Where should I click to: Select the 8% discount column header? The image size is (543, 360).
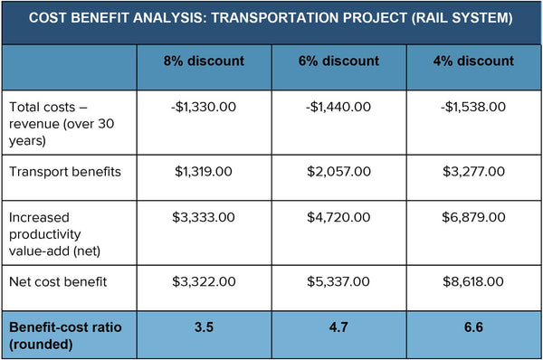click(x=204, y=62)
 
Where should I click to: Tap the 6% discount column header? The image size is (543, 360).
click(x=338, y=62)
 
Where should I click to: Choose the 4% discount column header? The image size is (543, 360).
click(x=473, y=62)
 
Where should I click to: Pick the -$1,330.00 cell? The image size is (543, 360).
click(x=204, y=107)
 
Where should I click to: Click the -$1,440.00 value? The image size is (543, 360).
click(x=338, y=107)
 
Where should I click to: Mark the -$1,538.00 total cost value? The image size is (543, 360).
click(x=473, y=107)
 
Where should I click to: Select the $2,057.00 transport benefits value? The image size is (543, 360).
click(x=338, y=171)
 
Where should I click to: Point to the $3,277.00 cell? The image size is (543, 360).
click(x=473, y=171)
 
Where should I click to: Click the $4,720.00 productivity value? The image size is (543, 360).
click(x=338, y=218)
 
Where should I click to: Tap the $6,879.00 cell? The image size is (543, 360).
click(x=473, y=218)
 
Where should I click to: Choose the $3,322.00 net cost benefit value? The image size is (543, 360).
click(x=204, y=281)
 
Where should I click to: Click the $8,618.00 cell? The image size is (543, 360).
click(x=473, y=281)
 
